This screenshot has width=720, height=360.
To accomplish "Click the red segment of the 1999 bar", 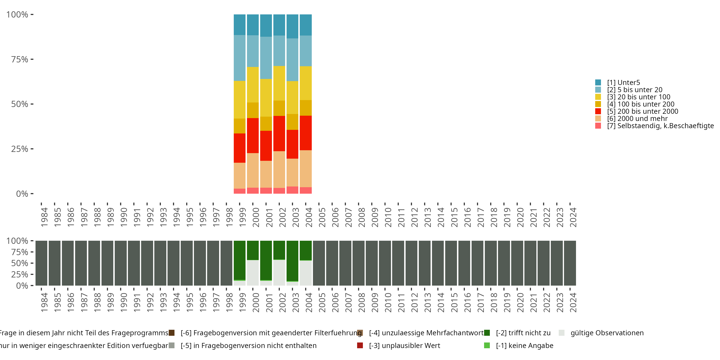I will [240, 148].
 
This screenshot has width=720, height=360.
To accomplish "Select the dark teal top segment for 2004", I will [306, 25].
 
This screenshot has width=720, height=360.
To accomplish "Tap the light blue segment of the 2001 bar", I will [266, 58].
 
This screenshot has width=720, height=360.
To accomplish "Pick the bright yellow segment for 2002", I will [279, 83].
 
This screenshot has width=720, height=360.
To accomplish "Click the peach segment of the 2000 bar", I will [253, 170].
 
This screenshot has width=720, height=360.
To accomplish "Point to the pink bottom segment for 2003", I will [292, 190].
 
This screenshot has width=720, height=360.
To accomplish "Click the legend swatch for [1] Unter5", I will [598, 83].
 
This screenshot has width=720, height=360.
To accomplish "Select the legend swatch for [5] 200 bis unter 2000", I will [598, 111].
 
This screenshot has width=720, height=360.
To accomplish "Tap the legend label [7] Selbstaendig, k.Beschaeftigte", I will [660, 126].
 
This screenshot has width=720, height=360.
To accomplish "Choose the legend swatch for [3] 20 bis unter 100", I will [598, 97].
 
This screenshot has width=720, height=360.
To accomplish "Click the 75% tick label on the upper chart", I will [20, 59].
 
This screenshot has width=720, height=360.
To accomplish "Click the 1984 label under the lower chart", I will [44, 302].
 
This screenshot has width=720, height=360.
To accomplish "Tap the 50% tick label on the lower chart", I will [20, 263].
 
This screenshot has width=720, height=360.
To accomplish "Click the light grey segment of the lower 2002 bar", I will [279, 272].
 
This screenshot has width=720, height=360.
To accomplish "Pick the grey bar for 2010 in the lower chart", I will [385, 263].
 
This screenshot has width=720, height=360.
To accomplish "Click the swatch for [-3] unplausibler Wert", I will [360, 345].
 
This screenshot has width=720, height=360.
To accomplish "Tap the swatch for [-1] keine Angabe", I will [487, 345].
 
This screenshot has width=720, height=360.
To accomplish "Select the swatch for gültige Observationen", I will [562, 333].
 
